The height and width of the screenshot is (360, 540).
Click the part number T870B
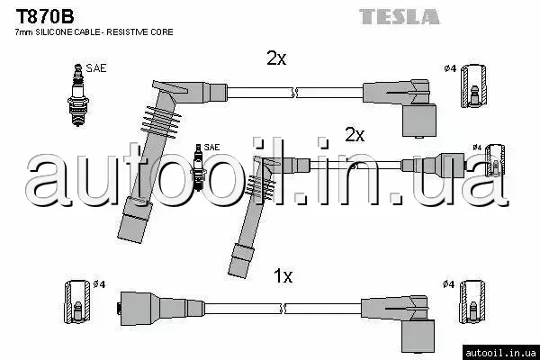[45, 16]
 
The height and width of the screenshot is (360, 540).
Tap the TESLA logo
[399, 16]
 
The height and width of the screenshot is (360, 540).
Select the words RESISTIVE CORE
[139, 32]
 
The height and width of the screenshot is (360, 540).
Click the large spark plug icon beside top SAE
[78, 95]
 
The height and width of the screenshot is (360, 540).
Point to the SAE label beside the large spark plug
[96, 68]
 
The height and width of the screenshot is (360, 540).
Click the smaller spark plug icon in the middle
[198, 167]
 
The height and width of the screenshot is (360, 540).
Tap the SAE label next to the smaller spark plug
[211, 147]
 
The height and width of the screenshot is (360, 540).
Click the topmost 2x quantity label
[276, 58]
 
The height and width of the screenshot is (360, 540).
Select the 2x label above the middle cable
[355, 135]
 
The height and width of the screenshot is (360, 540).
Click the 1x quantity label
[283, 276]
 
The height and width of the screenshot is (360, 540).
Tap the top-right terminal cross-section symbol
[474, 85]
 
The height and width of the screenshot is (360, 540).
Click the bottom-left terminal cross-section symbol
[77, 301]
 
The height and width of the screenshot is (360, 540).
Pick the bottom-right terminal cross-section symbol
[472, 301]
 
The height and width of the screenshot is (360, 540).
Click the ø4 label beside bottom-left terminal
[99, 284]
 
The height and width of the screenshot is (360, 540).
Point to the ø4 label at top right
[450, 68]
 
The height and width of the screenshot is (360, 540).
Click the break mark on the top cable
[294, 93]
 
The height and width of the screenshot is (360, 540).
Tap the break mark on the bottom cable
[283, 309]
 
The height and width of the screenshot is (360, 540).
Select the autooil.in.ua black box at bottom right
[501, 353]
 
